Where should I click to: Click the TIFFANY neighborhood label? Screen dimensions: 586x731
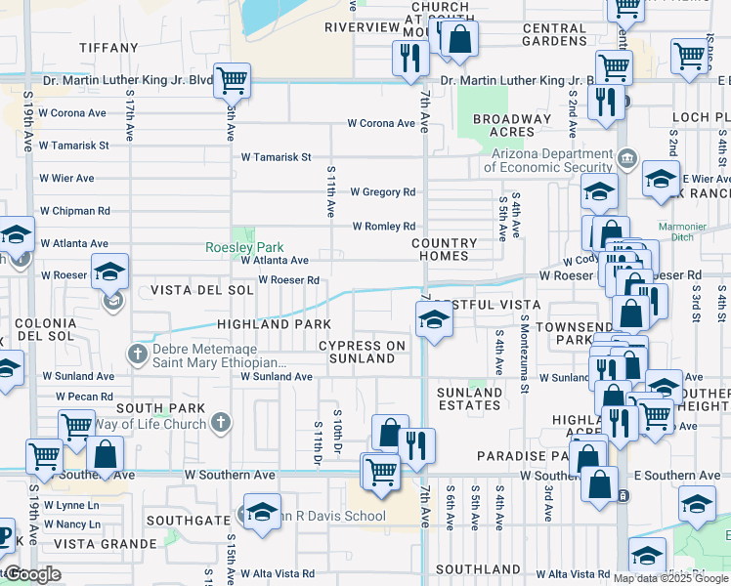tap(108, 47)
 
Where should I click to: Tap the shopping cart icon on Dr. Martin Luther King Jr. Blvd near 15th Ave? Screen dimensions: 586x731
tap(232, 79)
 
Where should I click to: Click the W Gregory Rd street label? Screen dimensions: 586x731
tap(382, 192)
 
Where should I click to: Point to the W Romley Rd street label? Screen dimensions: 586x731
tap(383, 227)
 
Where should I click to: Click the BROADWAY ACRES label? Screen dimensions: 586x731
tap(511, 126)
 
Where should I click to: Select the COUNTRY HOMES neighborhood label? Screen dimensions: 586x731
tap(445, 250)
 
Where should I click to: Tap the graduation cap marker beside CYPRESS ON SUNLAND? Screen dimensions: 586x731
tap(433, 319)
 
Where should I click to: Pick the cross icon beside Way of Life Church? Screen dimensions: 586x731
tap(222, 424)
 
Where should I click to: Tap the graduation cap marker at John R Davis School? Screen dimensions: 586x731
tap(262, 513)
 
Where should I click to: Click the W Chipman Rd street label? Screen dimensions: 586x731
tap(74, 211)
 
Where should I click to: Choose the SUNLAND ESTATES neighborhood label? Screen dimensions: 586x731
tap(470, 399)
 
